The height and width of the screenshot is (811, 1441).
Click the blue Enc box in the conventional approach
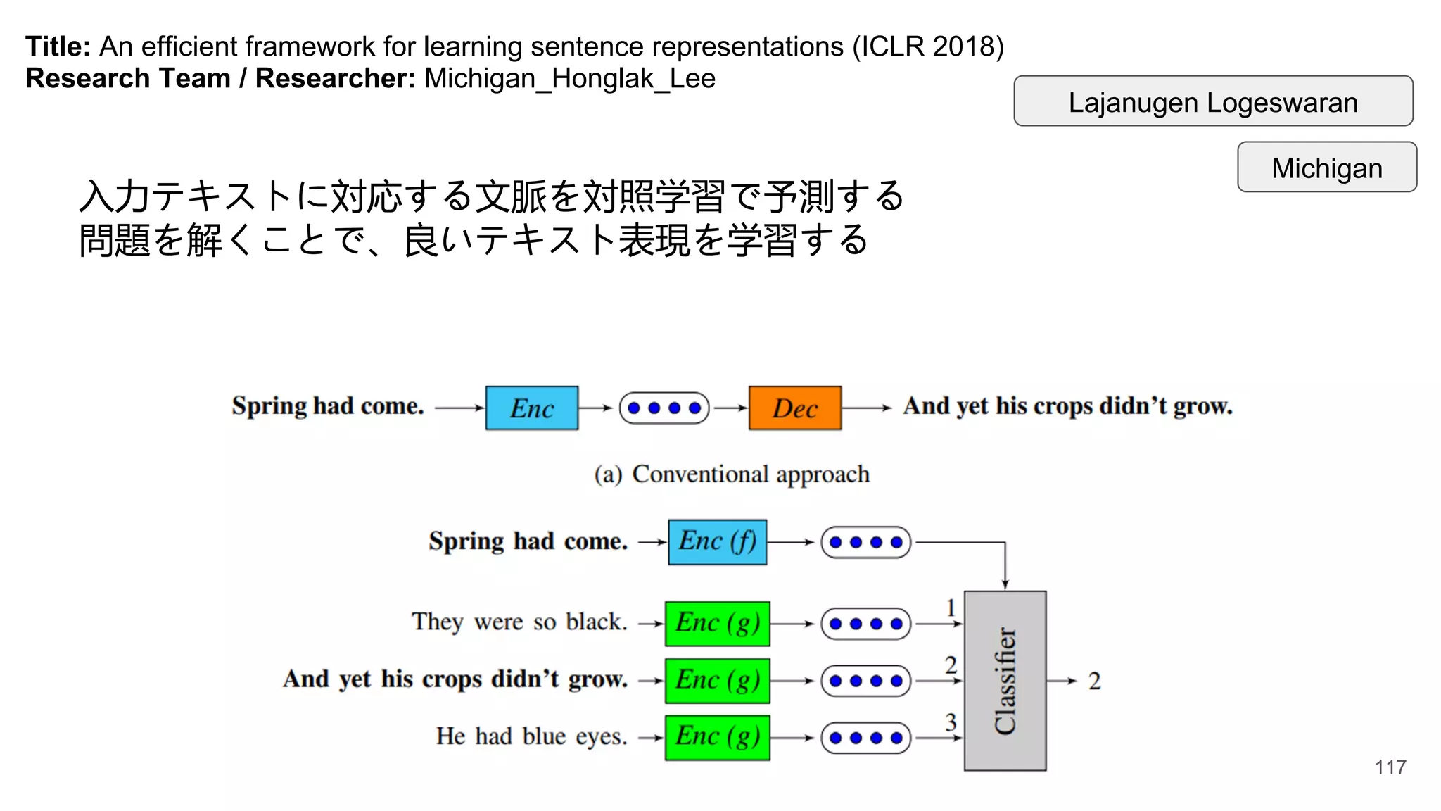point(531,408)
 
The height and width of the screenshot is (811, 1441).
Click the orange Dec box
point(794,408)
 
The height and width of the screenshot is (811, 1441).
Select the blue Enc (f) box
point(717,542)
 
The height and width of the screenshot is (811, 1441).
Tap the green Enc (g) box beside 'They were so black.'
point(717,623)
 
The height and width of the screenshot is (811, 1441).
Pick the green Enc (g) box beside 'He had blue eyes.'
point(717,737)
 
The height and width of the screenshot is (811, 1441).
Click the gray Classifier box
point(1005,681)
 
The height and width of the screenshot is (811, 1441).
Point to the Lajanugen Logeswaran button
point(1212,101)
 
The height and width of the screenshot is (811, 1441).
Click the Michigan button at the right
point(1326,168)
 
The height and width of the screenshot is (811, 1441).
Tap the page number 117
point(1390,767)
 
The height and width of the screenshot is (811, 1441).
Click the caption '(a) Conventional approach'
point(732,474)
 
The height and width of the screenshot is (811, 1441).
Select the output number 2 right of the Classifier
point(1094,681)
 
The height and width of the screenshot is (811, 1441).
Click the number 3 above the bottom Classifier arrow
point(951,722)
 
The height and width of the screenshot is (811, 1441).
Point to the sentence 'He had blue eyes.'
point(531,736)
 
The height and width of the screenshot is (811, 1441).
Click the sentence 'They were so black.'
point(519,622)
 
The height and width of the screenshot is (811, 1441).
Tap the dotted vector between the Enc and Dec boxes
point(664,408)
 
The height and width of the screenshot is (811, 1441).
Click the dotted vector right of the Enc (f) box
point(865,542)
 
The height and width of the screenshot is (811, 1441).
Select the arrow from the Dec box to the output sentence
point(866,408)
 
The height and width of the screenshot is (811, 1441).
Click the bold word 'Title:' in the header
point(58,46)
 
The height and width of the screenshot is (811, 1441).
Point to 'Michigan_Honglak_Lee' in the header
point(569,78)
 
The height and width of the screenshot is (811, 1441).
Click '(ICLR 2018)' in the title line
point(928,46)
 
